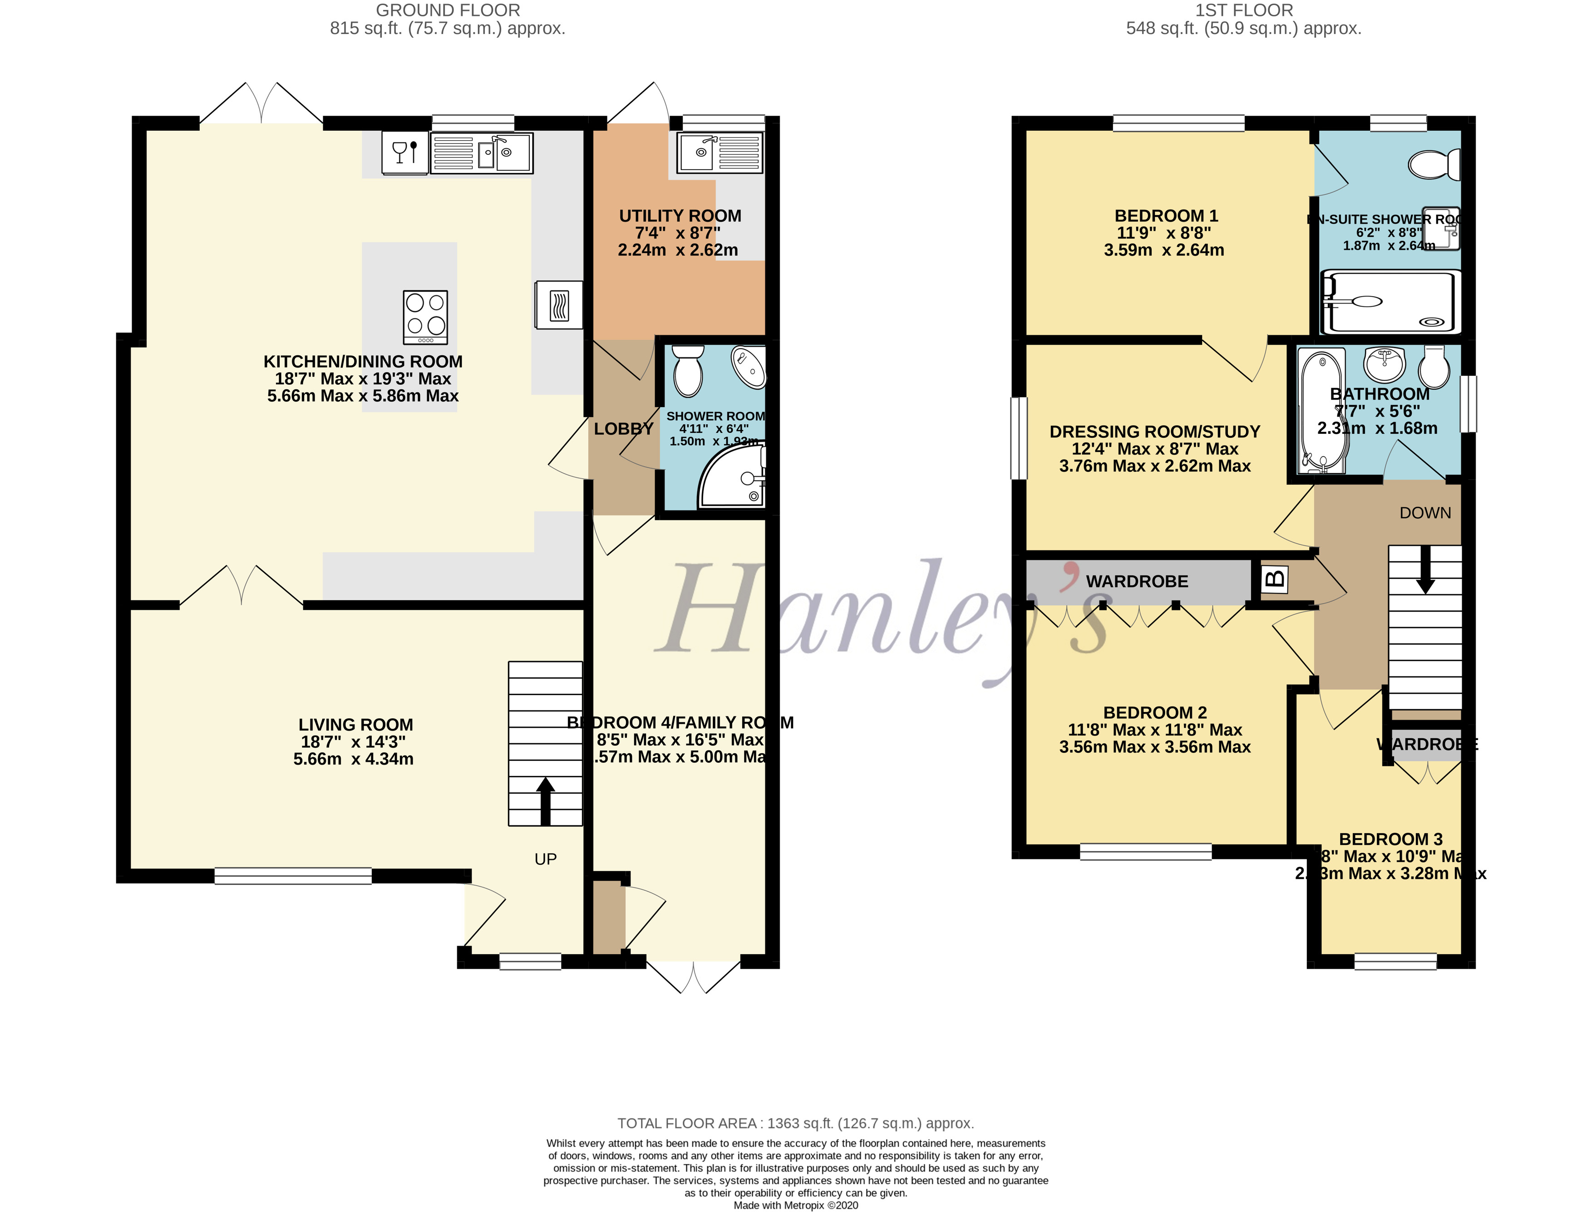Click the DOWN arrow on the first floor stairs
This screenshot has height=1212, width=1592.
pyautogui.click(x=1425, y=570)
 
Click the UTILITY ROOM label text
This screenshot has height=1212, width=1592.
pyautogui.click(x=680, y=216)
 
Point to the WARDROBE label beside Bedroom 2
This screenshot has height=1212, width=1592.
pyautogui.click(x=1137, y=581)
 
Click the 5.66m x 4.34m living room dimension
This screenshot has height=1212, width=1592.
pyautogui.click(x=354, y=759)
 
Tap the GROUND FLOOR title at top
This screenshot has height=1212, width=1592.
pyautogui.click(x=448, y=10)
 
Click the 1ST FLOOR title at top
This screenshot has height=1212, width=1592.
pyautogui.click(x=1243, y=10)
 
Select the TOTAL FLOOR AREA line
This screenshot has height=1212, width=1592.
pyautogui.click(x=795, y=1123)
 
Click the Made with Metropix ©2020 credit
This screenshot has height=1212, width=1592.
pyautogui.click(x=795, y=1205)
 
